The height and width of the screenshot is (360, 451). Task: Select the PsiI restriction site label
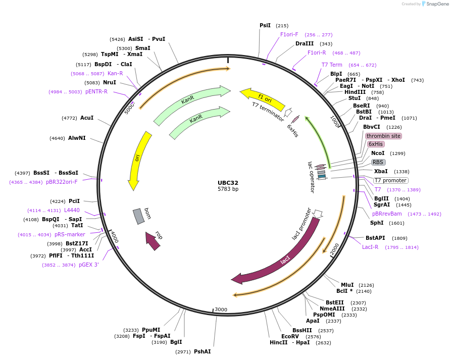pos(265,25)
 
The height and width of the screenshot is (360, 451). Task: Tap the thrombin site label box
pos(383,136)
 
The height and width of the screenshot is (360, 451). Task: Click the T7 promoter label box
pos(390,180)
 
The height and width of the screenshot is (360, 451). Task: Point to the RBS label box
pos(378,162)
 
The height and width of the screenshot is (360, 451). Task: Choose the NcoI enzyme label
pos(378,153)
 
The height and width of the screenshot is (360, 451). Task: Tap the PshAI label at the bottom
pos(202,351)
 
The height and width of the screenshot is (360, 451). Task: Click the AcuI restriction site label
pos(87,118)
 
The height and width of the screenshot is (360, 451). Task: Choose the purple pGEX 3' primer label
pos(88,265)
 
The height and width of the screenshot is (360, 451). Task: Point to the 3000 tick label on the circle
pos(221,310)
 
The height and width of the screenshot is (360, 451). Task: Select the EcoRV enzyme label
pos(290,336)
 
